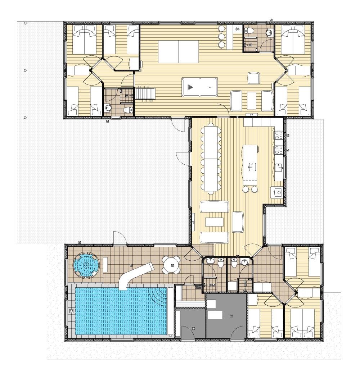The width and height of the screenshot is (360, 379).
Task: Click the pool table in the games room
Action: [199, 87]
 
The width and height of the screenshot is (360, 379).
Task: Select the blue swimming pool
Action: [121, 311]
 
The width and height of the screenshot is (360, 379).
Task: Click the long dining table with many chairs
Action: [211, 158]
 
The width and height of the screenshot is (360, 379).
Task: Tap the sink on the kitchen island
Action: [252, 166]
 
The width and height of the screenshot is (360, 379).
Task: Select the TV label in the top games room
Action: [251, 115]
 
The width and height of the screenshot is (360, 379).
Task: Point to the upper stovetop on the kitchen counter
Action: [278, 135]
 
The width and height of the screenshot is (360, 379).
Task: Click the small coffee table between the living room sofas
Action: [214, 222]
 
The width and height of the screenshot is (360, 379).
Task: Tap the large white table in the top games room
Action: [178, 51]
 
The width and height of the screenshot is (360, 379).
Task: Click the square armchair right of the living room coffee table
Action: [238, 222]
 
